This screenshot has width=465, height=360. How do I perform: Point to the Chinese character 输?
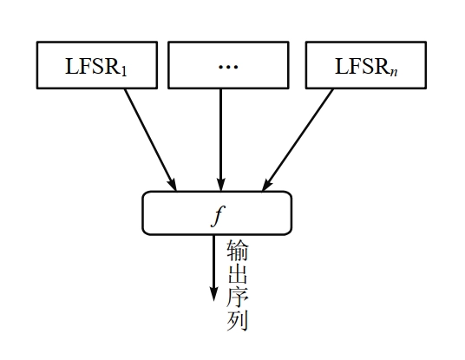click(x=237, y=252)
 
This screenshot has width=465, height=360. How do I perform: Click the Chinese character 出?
click(x=237, y=275)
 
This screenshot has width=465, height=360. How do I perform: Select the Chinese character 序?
click(x=237, y=298)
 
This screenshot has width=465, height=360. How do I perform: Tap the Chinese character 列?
click(x=237, y=322)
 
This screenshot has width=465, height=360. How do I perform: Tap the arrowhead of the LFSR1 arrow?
click(x=173, y=184)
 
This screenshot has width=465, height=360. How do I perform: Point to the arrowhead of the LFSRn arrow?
click(x=268, y=184)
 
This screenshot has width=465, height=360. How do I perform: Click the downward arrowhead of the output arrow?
click(x=213, y=295)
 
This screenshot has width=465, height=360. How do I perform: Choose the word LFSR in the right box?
click(x=360, y=66)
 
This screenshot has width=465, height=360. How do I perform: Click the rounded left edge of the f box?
click(x=144, y=213)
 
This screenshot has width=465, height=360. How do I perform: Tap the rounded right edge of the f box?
click(x=291, y=213)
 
